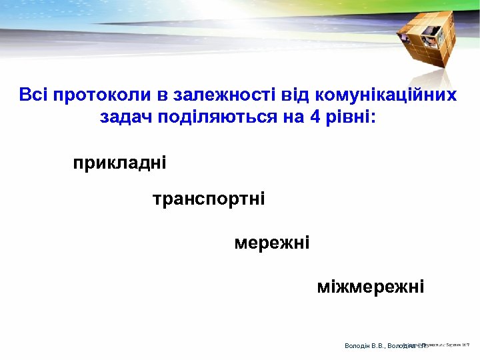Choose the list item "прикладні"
tap(119, 163)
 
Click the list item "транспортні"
tap(208, 199)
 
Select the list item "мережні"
tap(271, 243)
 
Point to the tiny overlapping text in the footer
tap(440, 345)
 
